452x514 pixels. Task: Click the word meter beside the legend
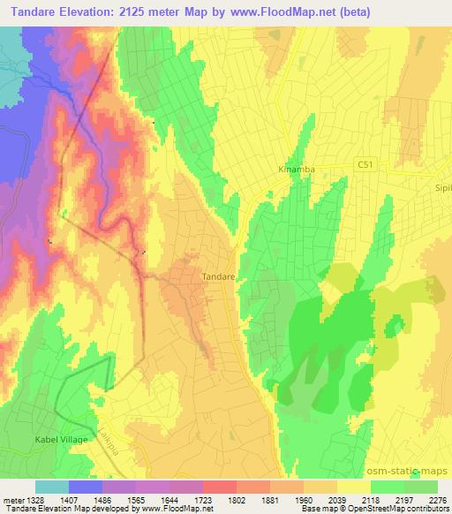11,498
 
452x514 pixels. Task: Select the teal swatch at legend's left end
52,487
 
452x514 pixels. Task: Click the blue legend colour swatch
86,487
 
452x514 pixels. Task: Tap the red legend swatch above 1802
220,487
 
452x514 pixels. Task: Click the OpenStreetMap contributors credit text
400,508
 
